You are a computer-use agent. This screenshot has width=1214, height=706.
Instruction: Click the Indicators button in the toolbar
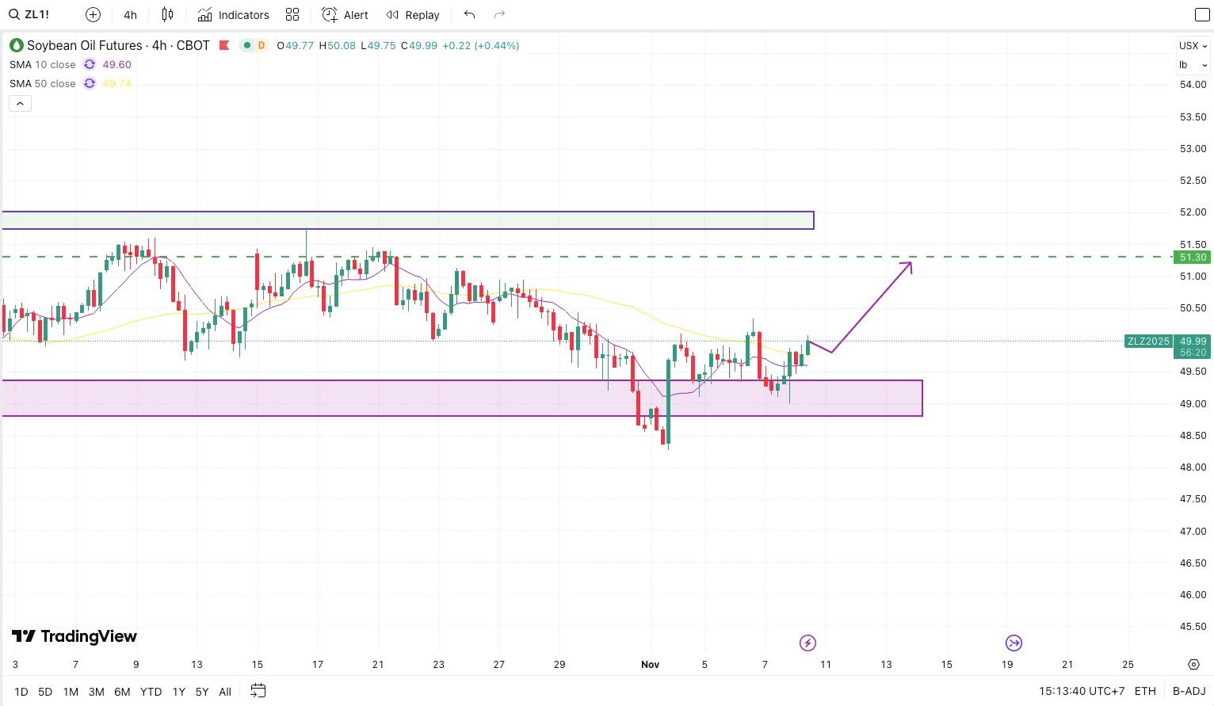tap(234, 15)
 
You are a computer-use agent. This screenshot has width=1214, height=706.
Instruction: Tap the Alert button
tap(345, 15)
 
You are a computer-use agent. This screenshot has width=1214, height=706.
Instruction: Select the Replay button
tap(413, 15)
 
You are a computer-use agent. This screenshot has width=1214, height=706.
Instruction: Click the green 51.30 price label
tap(1192, 258)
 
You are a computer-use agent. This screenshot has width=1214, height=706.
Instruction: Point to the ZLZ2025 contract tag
tap(1148, 342)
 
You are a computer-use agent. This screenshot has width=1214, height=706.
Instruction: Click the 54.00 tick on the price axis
tap(1193, 85)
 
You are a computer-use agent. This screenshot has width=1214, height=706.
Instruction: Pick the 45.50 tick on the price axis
tap(1193, 627)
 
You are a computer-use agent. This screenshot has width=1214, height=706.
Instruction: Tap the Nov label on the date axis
tap(650, 665)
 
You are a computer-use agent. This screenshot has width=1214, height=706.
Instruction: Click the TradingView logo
tap(74, 636)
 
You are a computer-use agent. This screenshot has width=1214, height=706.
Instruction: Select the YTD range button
tap(151, 692)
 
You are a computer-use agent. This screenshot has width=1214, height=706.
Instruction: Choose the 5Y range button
tap(202, 692)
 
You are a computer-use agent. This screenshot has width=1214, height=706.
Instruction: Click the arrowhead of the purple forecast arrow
tap(910, 265)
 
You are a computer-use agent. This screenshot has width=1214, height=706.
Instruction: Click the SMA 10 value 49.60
tap(116, 65)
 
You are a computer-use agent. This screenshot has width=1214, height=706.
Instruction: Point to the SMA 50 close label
tap(43, 84)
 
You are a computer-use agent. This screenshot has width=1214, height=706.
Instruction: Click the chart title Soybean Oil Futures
tap(85, 46)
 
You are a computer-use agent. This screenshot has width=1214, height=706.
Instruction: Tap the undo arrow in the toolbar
tap(470, 15)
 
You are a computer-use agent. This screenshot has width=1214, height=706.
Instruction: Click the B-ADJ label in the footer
tap(1189, 692)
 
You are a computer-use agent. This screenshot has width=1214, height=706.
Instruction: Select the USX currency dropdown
tap(1192, 46)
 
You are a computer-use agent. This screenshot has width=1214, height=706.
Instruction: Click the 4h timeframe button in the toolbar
tap(131, 15)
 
